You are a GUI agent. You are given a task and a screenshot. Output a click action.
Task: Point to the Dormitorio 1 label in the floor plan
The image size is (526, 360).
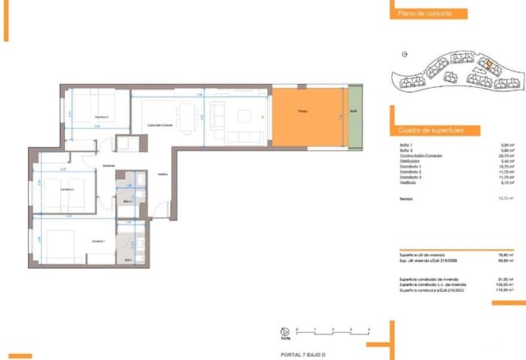(99, 241)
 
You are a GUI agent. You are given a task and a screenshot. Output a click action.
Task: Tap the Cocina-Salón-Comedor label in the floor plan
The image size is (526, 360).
(159, 125)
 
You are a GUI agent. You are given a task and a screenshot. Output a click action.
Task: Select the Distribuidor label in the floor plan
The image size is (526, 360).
(108, 166)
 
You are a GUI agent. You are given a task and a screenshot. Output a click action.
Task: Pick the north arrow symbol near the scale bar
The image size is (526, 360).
(285, 333)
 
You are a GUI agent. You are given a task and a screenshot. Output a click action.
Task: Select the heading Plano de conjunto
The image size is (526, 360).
(421, 14)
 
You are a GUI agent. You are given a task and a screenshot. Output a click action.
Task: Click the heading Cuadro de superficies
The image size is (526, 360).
(429, 131)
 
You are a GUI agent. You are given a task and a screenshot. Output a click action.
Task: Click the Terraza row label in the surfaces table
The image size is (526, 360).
(406, 198)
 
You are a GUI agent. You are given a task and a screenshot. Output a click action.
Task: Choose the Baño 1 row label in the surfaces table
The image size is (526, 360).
(405, 145)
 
